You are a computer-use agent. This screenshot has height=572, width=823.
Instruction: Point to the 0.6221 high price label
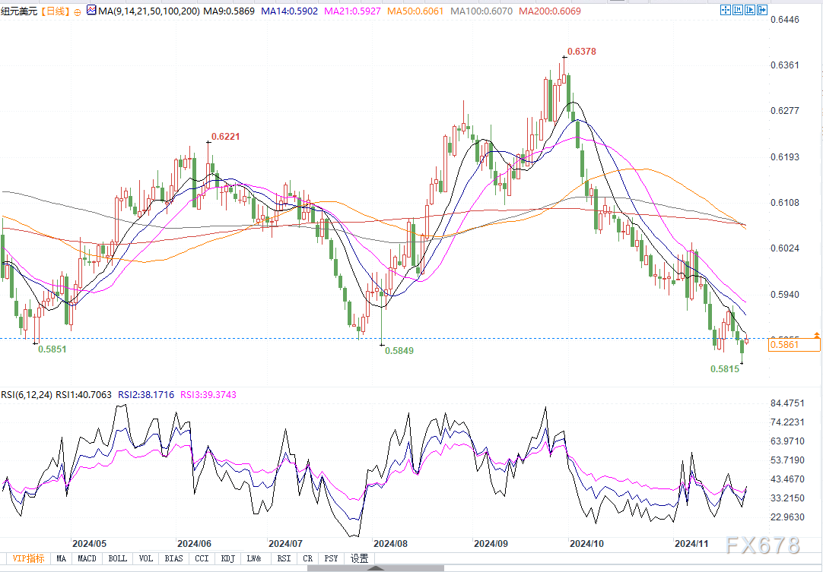click(x=225, y=137)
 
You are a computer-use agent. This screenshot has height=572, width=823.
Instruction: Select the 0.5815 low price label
click(x=725, y=368)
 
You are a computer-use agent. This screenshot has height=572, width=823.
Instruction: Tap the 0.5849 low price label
click(x=399, y=351)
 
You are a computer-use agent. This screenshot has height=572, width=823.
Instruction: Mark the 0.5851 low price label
click(x=52, y=349)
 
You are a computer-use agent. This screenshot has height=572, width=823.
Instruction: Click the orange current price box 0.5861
click(x=783, y=344)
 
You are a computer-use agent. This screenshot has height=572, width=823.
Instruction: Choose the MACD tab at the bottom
click(x=87, y=558)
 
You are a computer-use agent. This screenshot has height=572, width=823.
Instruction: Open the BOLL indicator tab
click(x=117, y=558)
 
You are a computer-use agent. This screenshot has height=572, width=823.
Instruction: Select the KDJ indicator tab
click(x=227, y=558)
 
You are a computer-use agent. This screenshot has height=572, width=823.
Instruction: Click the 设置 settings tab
click(x=359, y=558)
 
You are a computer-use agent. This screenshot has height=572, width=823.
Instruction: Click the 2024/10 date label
click(x=586, y=543)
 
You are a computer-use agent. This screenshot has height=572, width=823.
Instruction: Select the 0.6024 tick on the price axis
click(x=786, y=248)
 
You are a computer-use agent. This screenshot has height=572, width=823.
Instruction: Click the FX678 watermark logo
click(x=762, y=545)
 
